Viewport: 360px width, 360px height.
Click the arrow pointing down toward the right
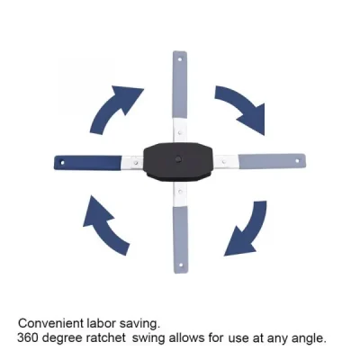241,107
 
